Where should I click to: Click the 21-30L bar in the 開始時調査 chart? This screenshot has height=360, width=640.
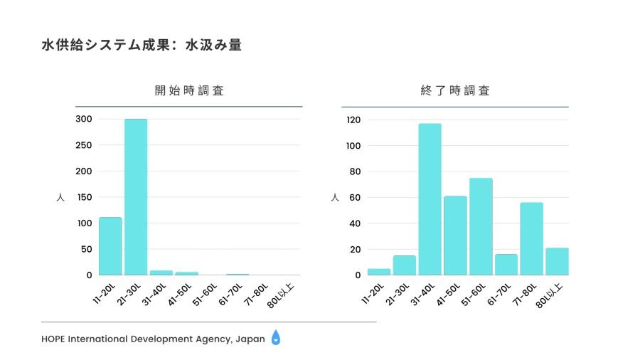click(136, 196)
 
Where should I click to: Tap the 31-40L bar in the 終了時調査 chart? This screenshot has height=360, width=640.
click(430, 199)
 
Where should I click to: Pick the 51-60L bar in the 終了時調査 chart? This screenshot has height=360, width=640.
click(481, 226)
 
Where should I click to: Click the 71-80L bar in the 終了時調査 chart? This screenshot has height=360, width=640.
click(531, 238)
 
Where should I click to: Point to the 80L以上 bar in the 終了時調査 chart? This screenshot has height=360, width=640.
click(557, 261)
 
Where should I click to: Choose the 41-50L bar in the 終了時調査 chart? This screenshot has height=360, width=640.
click(455, 235)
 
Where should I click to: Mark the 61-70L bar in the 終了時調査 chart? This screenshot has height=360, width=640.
click(506, 265)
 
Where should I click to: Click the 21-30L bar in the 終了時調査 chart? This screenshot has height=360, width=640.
click(404, 265)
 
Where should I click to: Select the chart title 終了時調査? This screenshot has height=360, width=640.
click(455, 91)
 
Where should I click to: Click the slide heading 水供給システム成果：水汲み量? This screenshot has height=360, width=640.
click(142, 46)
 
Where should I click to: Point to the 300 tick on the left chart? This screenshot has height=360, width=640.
click(85, 119)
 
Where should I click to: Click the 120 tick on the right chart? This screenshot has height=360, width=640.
click(353, 120)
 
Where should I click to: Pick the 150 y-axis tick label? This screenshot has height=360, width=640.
click(85, 197)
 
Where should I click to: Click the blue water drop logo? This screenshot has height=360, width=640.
click(276, 339)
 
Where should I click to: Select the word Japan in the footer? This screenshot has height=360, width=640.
click(250, 339)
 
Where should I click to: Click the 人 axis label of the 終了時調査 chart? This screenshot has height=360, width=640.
click(335, 197)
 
